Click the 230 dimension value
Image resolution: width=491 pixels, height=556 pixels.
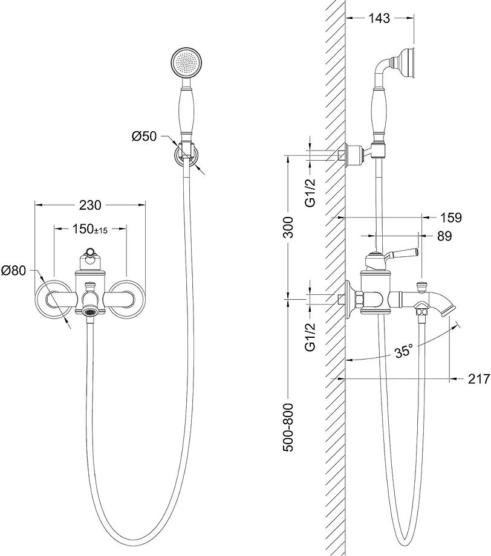90,205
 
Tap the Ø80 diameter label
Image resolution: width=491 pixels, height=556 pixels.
13,271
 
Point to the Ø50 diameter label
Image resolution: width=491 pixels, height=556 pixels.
144,137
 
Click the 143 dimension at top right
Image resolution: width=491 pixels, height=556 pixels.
379,18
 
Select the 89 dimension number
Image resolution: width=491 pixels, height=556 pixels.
444,236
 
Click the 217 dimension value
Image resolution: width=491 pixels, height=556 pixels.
479,379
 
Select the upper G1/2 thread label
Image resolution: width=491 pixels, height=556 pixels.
310,192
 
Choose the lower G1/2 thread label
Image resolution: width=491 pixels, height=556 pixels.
310,336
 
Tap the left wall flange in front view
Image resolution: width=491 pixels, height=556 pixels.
53,298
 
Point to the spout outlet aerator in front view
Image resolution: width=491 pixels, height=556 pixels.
91,312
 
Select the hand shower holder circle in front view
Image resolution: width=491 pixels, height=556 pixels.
186,153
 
